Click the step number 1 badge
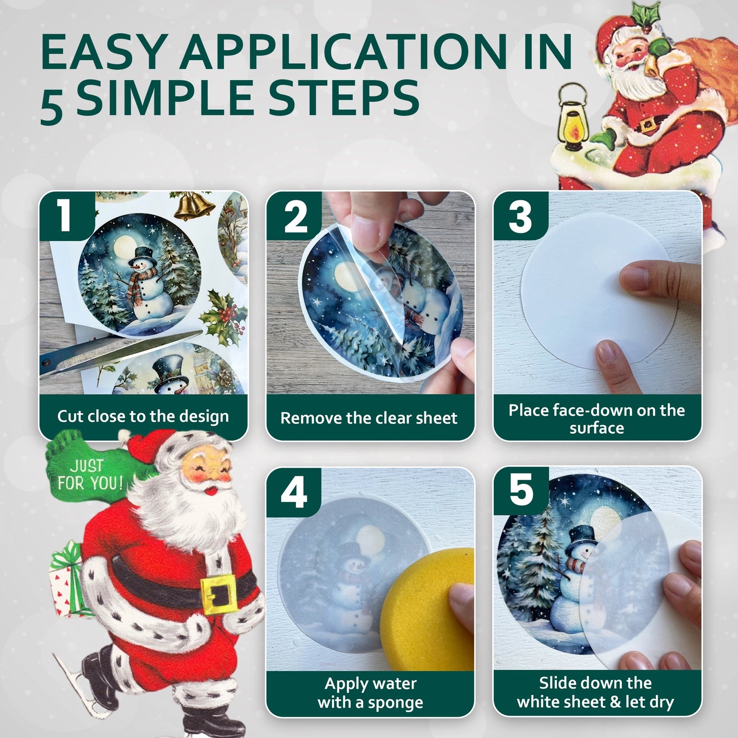click(x=66, y=215)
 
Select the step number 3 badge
click(x=521, y=216)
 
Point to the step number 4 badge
click(x=294, y=492)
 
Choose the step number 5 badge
click(x=521, y=490)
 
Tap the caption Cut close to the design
click(x=143, y=416)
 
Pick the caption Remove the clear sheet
click(x=369, y=418)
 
